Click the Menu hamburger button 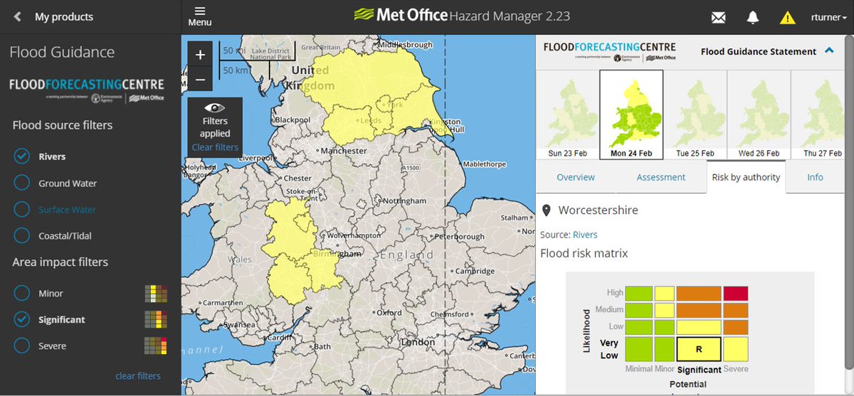click(200, 16)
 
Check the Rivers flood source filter click(22, 156)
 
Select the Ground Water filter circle click(22, 183)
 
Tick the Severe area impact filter click(22, 346)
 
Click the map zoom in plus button click(200, 55)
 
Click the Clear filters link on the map click(215, 147)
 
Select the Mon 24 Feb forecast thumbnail click(631, 114)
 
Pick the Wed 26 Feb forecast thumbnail click(759, 114)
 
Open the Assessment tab click(661, 177)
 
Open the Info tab click(815, 177)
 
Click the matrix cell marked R click(699, 349)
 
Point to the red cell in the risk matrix click(736, 294)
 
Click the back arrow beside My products click(18, 16)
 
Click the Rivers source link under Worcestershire click(585, 235)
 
